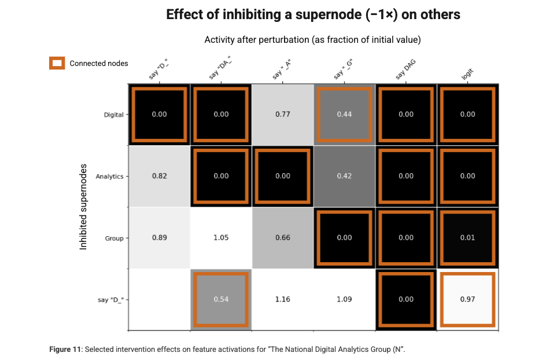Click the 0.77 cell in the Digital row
click(x=283, y=114)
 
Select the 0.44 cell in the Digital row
click(x=344, y=114)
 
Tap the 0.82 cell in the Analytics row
click(x=159, y=176)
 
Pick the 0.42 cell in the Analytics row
click(x=344, y=176)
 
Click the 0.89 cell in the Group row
click(x=159, y=238)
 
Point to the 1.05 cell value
click(x=221, y=238)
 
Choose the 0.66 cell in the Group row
click(x=283, y=238)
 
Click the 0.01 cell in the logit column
click(x=467, y=238)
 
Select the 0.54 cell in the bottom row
click(x=221, y=299)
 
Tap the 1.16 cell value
click(x=283, y=299)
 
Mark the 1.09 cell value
click(x=344, y=299)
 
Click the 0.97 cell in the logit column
click(x=467, y=299)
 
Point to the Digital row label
click(x=113, y=115)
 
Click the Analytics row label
click(x=109, y=177)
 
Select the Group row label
click(x=114, y=238)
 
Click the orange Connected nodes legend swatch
click(x=57, y=63)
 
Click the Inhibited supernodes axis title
click(x=83, y=207)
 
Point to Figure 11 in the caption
click(x=65, y=350)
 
